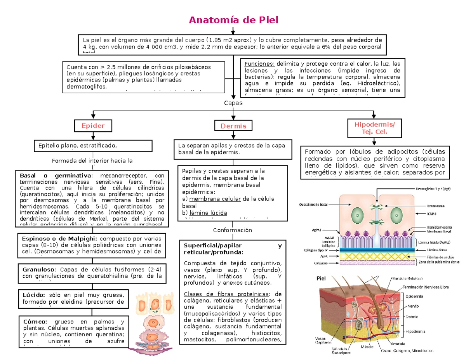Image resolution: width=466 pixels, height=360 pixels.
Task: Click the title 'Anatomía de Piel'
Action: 233,20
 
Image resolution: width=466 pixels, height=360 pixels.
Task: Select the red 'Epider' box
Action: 93,126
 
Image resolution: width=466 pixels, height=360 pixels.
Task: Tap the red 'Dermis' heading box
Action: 233,126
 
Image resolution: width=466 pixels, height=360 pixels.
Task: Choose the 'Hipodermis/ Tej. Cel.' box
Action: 374,128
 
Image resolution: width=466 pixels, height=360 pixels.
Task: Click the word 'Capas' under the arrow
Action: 233,103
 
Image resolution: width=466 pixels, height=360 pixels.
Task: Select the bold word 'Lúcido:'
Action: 34,295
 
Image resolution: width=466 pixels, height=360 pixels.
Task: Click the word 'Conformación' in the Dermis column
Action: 233,230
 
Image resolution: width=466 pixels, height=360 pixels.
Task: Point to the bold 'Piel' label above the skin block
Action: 321,278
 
